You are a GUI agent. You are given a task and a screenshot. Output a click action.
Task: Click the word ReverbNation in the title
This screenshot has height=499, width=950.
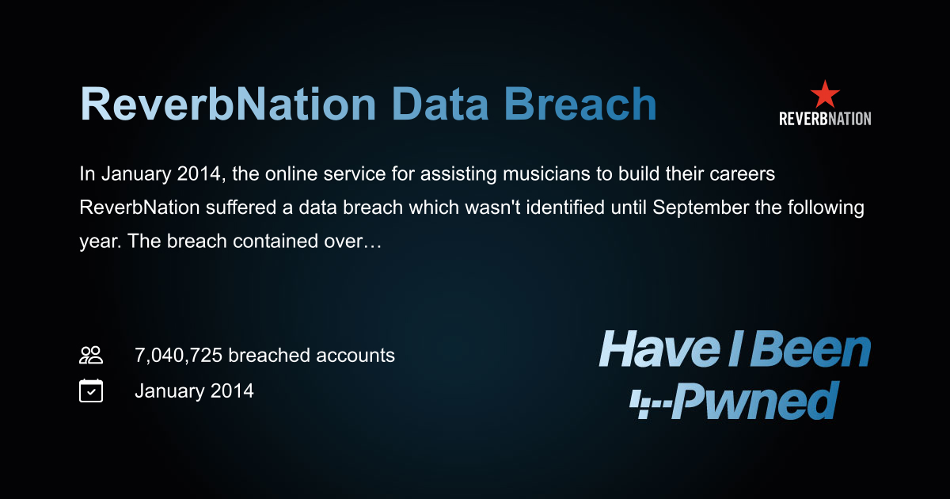click(x=228, y=105)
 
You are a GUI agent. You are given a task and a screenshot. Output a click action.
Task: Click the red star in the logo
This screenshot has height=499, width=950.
click(x=825, y=94)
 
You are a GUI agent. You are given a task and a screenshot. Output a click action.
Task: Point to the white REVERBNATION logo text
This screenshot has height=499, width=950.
click(x=825, y=119)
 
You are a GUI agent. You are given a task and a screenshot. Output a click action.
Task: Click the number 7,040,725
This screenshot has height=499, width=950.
click(x=179, y=356)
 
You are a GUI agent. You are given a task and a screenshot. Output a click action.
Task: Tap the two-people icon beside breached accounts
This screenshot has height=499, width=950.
click(x=91, y=356)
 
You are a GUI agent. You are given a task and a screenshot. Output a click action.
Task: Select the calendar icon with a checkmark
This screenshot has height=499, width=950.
click(x=91, y=390)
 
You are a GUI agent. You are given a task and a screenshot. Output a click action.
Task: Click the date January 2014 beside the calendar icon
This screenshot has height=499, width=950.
click(x=194, y=390)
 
